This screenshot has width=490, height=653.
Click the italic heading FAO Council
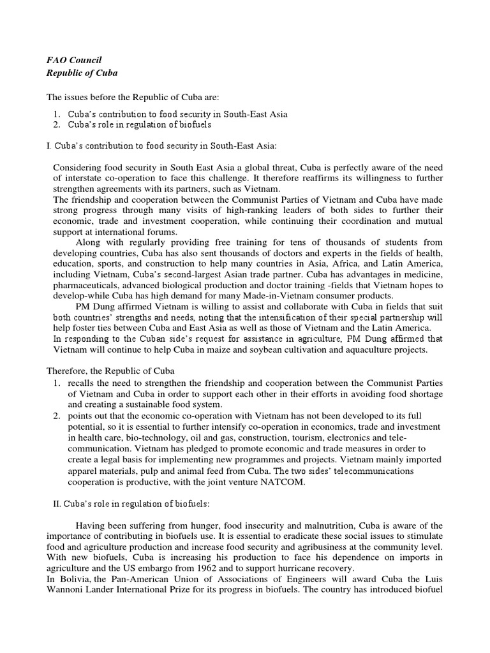point(75,59)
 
